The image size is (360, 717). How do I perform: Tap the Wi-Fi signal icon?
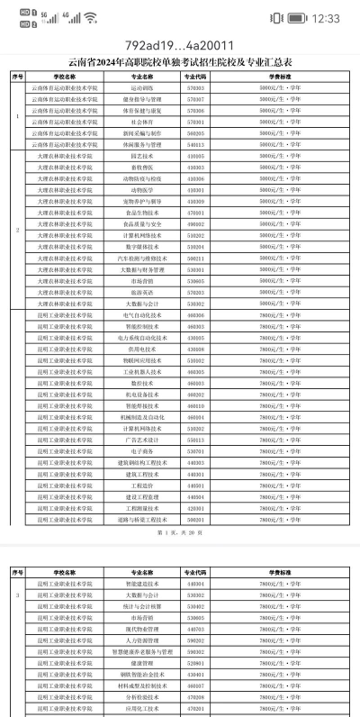coord(90,18)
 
